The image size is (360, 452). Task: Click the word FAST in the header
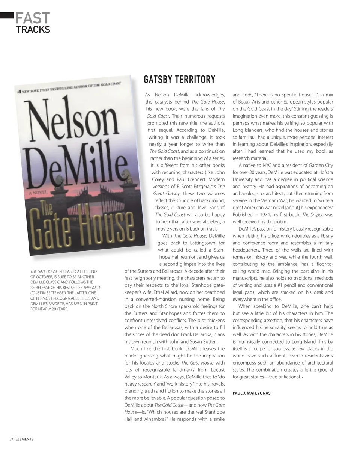point(33,18)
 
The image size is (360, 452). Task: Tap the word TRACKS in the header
point(33,29)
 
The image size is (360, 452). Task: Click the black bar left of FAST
point(7,15)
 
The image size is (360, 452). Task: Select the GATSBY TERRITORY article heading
point(180,80)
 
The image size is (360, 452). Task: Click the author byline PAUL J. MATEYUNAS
point(251,393)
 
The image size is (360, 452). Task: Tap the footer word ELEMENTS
point(25,439)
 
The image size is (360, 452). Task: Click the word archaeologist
point(250,194)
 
